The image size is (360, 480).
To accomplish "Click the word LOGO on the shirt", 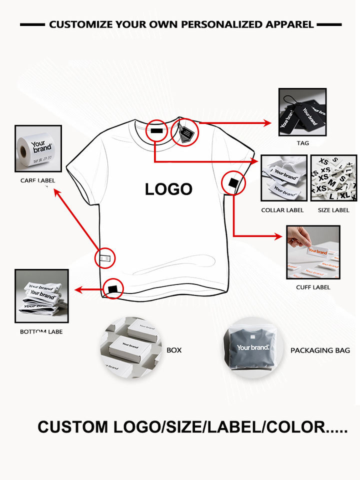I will (x=168, y=189).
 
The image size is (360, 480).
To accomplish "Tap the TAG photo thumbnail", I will (x=302, y=112).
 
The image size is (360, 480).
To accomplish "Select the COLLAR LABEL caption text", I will (x=282, y=210).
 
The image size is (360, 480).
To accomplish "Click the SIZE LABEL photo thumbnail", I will (x=333, y=177).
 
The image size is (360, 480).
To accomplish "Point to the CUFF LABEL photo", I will (x=313, y=252).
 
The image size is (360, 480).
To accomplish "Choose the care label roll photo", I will (x=38, y=148).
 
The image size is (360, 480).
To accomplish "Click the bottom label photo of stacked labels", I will (x=41, y=296).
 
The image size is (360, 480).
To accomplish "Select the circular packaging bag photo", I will (x=253, y=347).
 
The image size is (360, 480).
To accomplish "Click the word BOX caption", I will (x=174, y=350).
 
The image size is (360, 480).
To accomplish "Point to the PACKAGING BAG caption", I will (x=320, y=350).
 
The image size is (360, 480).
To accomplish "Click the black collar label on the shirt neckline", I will (x=157, y=132).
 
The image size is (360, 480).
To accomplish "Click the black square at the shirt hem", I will (x=114, y=288).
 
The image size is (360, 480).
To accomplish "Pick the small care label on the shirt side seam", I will (x=104, y=258).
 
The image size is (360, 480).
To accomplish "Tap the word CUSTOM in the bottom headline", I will (x=72, y=427).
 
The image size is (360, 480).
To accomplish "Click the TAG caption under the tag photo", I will (x=302, y=143).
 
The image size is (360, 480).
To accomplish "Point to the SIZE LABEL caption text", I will (x=333, y=210).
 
